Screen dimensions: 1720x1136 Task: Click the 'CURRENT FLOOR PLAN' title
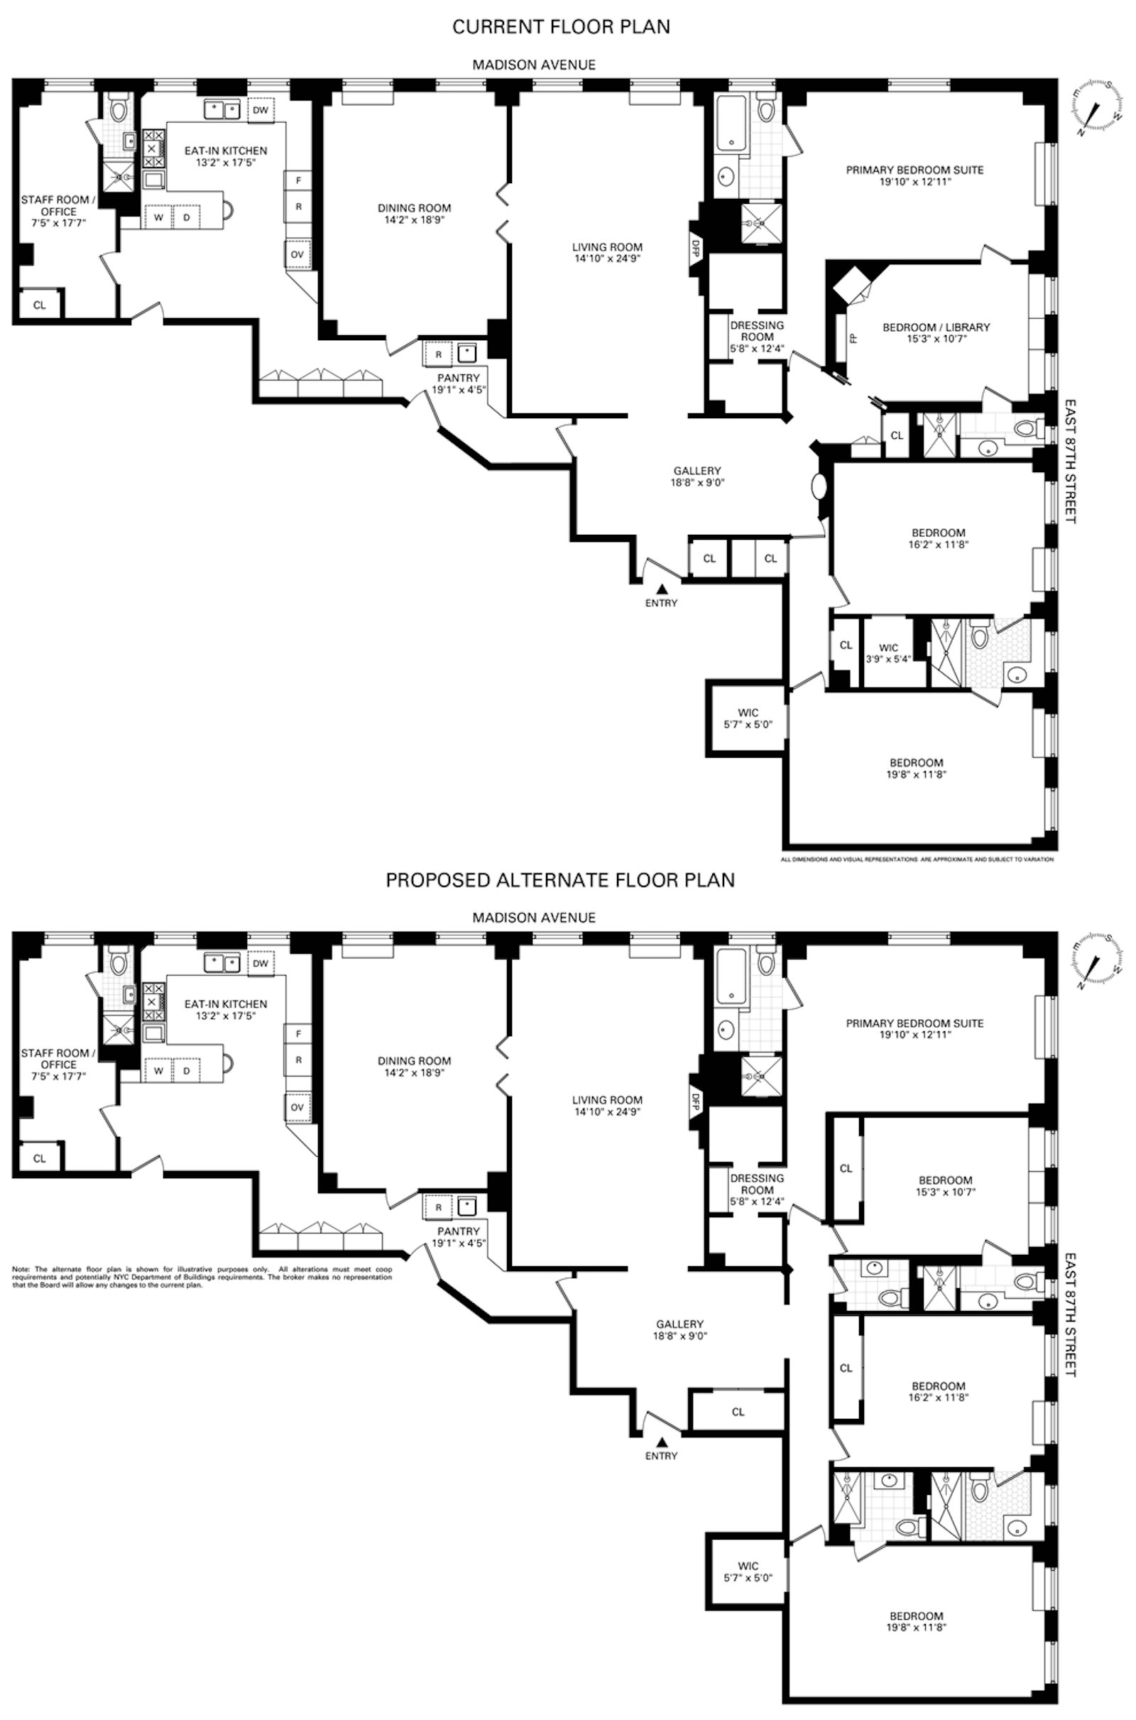click(561, 27)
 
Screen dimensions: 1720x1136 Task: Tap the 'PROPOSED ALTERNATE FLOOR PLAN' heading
click(560, 881)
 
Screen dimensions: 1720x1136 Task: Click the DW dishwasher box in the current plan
click(261, 110)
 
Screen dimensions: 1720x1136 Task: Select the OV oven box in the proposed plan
click(297, 1108)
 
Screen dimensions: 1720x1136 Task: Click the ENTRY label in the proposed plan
click(661, 1456)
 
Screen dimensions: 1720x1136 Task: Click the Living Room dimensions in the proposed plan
click(606, 1111)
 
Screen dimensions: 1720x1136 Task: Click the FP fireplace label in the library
click(853, 337)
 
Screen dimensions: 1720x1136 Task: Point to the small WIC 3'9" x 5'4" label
click(888, 653)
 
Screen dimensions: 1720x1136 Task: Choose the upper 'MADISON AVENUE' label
click(534, 65)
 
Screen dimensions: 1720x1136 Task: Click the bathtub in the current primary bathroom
click(731, 123)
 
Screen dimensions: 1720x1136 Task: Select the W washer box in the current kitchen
click(158, 217)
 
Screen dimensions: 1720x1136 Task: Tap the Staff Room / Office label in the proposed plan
click(55, 1065)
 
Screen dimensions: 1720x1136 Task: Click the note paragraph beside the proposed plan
click(202, 1278)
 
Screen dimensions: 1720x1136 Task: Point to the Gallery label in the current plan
click(697, 476)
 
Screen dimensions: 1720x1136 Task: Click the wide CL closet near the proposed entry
click(738, 1411)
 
